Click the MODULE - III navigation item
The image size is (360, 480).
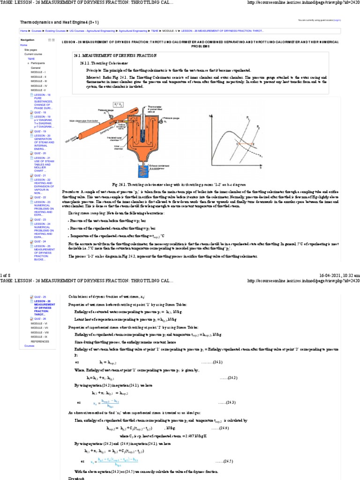(x=39, y=81)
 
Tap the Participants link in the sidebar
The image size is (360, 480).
(x=38, y=63)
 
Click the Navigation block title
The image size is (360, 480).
(x=27, y=40)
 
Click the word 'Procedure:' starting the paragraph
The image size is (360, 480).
(x=72, y=192)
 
